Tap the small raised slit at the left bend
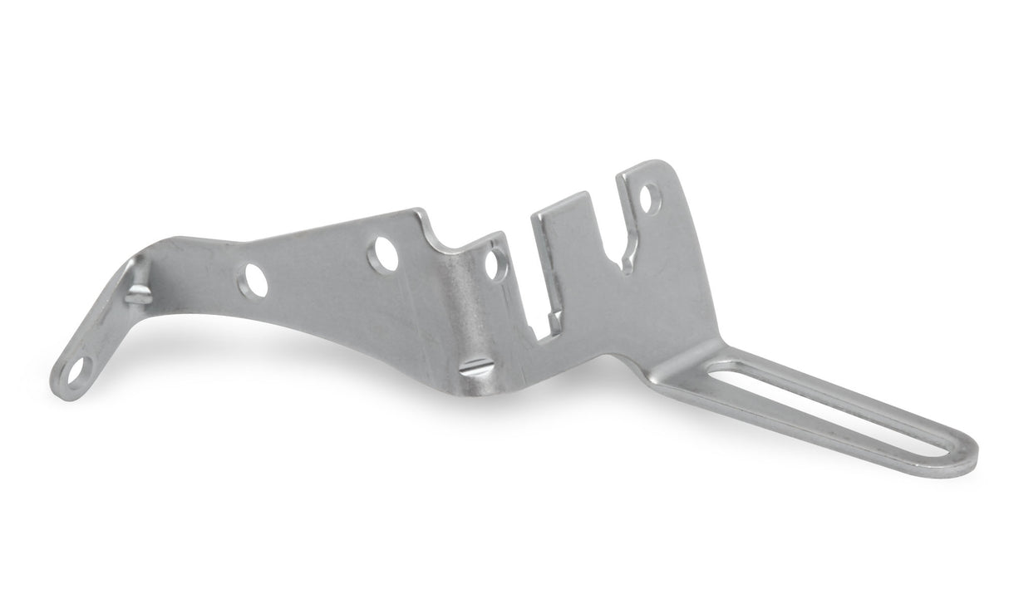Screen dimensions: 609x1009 138,292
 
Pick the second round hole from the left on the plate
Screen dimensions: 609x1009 384,253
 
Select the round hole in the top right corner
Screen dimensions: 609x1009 651,199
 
